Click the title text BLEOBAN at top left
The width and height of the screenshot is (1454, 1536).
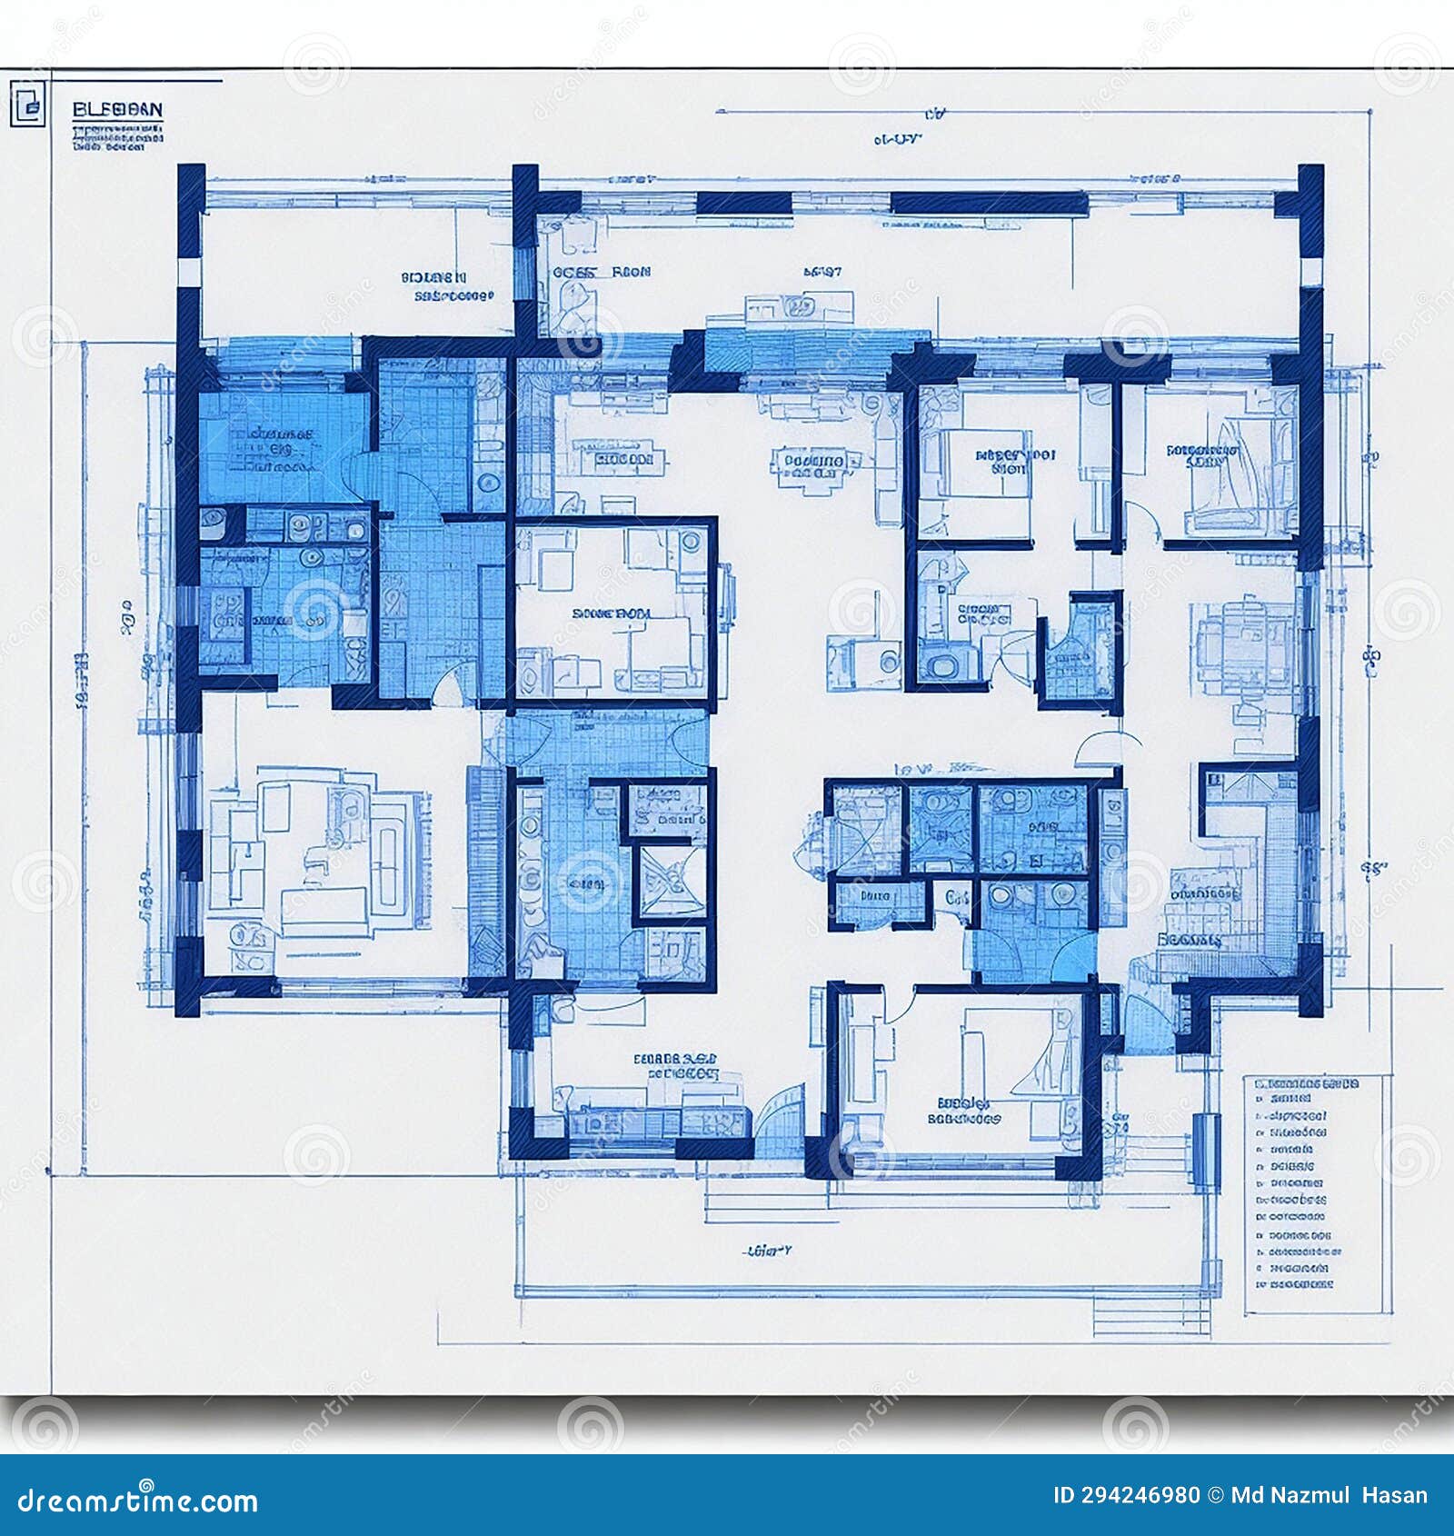click(x=117, y=110)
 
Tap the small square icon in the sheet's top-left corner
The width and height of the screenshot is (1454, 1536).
click(x=27, y=104)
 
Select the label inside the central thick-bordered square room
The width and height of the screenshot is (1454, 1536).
click(x=612, y=613)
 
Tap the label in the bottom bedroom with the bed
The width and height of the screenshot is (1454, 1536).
click(x=963, y=1112)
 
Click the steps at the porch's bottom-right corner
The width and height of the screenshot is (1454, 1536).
click(x=1150, y=1314)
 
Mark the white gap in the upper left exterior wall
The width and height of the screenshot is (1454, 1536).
click(x=189, y=272)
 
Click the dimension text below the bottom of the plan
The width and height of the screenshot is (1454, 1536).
click(x=768, y=1251)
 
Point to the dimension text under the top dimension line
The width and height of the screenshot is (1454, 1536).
click(x=897, y=139)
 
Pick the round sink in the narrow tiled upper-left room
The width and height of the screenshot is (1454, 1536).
click(x=489, y=482)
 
